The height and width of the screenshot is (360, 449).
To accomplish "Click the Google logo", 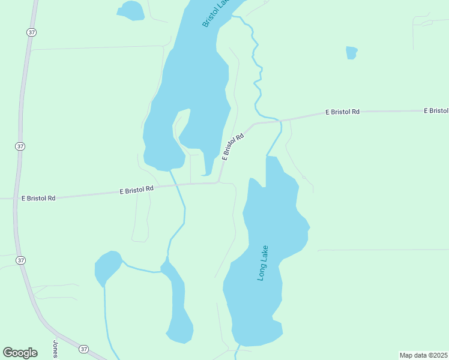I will (20, 352).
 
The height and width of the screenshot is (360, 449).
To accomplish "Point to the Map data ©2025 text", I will (423, 355).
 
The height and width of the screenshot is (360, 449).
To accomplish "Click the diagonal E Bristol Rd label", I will (234, 146).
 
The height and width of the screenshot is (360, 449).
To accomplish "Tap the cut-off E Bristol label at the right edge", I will (436, 111).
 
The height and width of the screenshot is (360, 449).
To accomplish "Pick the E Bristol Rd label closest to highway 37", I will (38, 197).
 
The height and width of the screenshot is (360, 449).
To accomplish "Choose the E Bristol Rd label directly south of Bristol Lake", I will (137, 190).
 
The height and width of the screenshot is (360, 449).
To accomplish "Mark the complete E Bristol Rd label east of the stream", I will (342, 112).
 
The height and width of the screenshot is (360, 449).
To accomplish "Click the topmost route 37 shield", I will (29, 32).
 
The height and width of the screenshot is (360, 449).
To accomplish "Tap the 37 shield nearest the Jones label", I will (83, 349).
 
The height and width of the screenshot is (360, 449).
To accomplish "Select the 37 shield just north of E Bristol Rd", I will (20, 146).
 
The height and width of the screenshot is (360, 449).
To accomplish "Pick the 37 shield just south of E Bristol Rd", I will (21, 260).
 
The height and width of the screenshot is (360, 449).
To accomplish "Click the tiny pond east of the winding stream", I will (352, 53).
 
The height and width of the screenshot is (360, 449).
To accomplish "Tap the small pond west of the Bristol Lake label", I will (131, 10).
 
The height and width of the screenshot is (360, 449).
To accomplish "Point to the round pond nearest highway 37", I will (107, 268).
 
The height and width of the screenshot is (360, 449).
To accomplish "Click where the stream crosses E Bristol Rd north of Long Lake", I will (280, 121).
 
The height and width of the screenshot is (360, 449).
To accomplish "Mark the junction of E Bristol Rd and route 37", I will (14, 199).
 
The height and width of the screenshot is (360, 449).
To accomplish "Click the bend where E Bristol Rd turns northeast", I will (218, 182).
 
